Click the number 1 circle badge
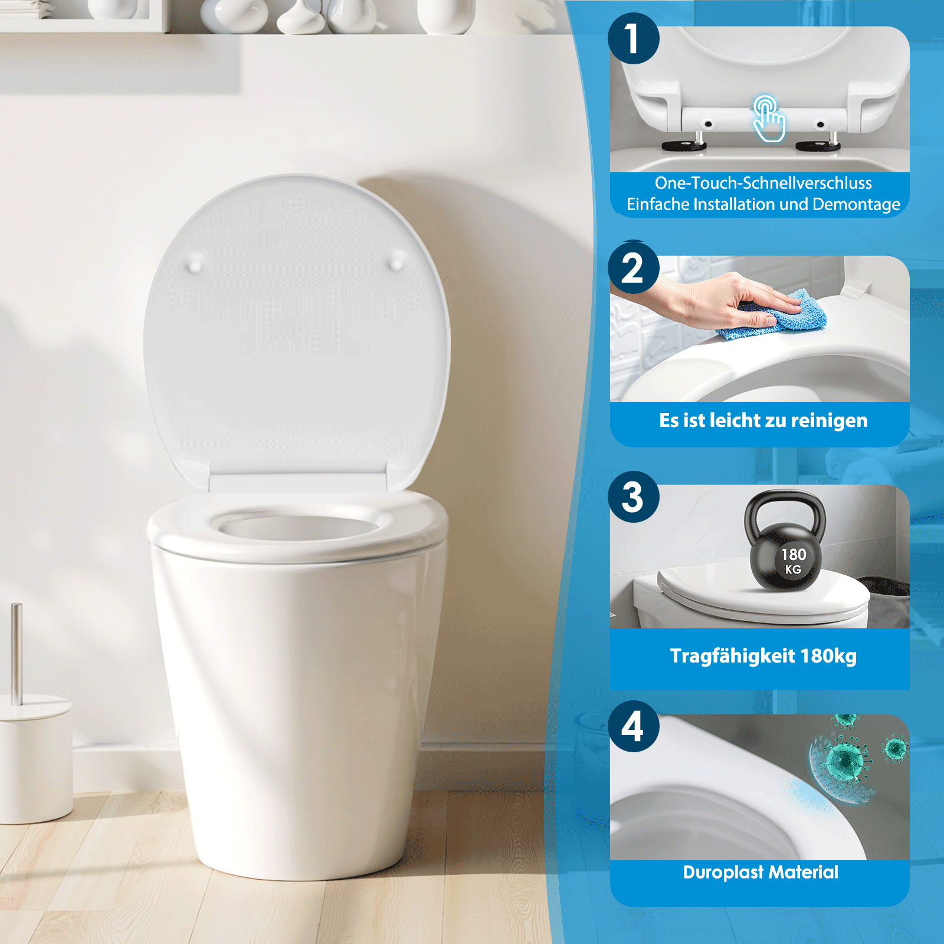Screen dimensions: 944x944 [633, 38]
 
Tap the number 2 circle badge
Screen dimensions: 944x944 [633, 268]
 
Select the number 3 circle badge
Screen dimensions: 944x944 [633, 497]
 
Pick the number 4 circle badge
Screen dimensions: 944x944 [633, 726]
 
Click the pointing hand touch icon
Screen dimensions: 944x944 [769, 120]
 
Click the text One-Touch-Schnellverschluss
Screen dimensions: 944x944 [763, 183]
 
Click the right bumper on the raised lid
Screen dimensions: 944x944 [397, 260]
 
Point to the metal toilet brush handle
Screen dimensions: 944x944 [17, 652]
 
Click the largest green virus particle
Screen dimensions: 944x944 [847, 761]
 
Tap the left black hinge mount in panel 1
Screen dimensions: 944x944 [683, 146]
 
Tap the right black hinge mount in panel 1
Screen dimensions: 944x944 [818, 146]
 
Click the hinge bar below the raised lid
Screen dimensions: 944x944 [298, 483]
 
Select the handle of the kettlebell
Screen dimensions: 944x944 [785, 504]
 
